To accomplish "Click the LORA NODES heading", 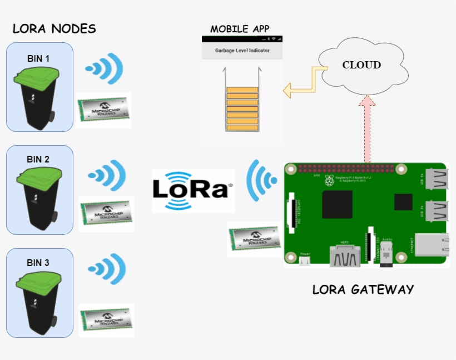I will [x=54, y=29].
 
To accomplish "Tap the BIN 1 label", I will [x=38, y=58].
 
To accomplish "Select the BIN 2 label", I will [x=38, y=159].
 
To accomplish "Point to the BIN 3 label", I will [x=38, y=263].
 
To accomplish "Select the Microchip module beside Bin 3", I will [x=106, y=320].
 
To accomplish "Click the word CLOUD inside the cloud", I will [x=361, y=65].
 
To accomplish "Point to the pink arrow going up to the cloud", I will [x=366, y=128].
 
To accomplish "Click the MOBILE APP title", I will [x=240, y=29].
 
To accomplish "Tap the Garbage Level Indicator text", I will [x=242, y=51].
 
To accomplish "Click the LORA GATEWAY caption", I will [x=363, y=289].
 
